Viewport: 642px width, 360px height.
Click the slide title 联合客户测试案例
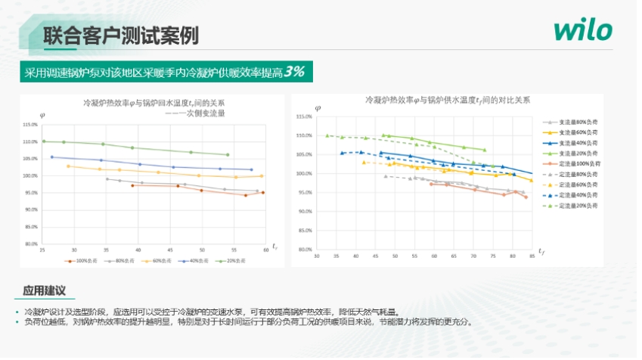coord(120,35)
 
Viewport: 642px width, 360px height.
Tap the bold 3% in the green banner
coord(295,72)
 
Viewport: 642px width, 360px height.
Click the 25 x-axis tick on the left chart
coord(42,250)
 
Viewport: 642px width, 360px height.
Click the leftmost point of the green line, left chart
coord(44,141)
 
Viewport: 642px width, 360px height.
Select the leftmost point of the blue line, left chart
coord(52,157)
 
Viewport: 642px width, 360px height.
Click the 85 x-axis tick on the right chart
coord(532,256)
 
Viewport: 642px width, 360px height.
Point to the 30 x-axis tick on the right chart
coord(315,256)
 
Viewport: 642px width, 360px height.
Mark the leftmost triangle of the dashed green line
coord(327,136)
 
